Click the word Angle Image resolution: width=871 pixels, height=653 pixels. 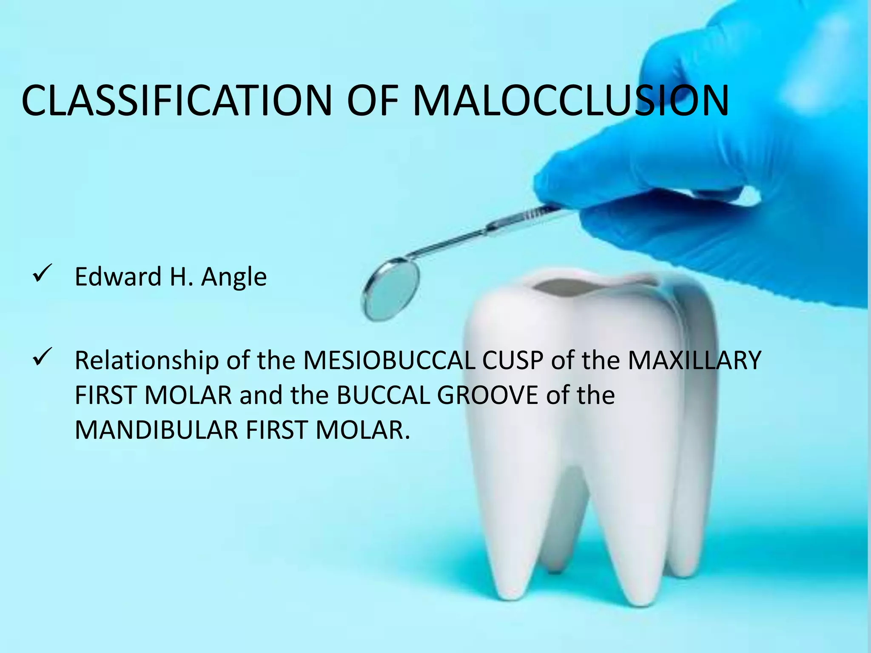point(234,277)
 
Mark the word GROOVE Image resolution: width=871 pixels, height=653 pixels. point(487,395)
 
